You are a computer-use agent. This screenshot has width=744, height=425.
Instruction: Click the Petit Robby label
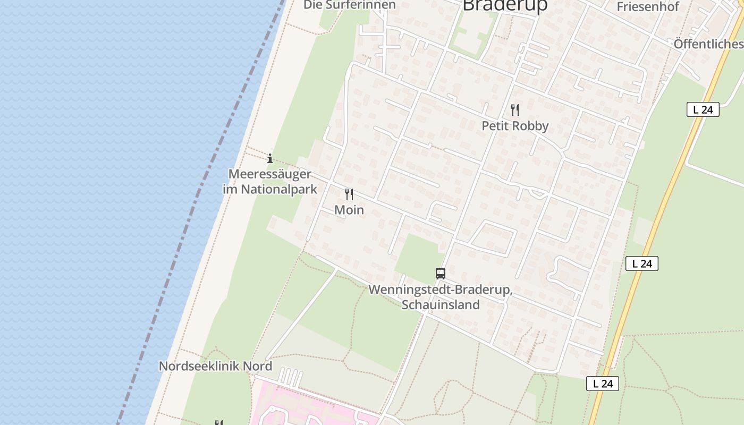(x=514, y=126)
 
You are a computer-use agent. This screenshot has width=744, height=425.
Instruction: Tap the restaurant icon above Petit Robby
(x=514, y=110)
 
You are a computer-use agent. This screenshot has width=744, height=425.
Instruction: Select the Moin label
(x=349, y=210)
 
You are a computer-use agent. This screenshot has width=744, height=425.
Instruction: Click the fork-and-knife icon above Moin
(x=349, y=194)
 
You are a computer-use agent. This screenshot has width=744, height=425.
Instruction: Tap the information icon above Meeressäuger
(x=270, y=158)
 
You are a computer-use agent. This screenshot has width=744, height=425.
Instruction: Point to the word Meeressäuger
(x=269, y=174)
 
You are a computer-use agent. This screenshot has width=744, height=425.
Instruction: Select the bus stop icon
(x=441, y=274)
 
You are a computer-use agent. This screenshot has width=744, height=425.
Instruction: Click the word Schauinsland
(x=441, y=305)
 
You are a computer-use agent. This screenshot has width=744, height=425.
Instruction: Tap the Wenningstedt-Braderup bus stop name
(x=441, y=290)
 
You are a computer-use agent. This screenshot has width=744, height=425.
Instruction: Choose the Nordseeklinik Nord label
(x=215, y=366)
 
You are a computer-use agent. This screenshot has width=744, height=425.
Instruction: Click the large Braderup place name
(x=505, y=5)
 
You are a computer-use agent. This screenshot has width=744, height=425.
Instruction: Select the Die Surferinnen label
(x=350, y=5)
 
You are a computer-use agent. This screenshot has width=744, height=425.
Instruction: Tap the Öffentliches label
(x=708, y=44)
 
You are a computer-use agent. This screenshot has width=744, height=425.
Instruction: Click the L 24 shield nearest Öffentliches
(x=703, y=110)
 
